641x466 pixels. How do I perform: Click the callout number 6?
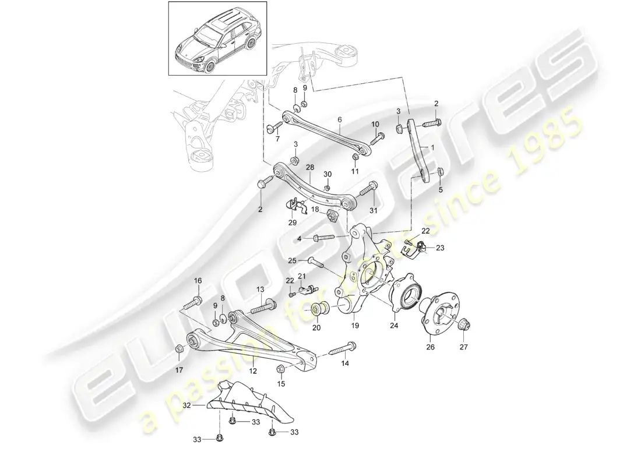point(339,119)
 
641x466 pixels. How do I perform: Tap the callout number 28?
point(309,167)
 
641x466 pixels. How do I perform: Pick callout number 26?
point(431,349)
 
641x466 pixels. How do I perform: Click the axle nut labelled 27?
point(465,324)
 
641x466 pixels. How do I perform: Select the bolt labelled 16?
point(193,303)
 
